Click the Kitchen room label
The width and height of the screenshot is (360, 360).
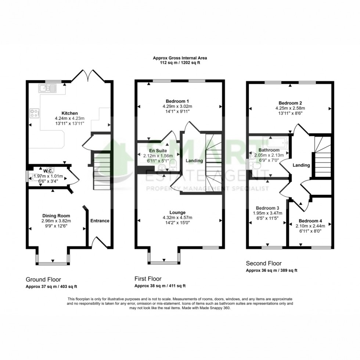click(x=69, y=113)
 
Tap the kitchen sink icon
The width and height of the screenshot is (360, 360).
click(x=46, y=88)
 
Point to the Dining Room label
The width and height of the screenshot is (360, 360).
click(x=56, y=216)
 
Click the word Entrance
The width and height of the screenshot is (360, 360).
click(x=100, y=221)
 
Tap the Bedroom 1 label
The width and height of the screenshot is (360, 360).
click(x=180, y=101)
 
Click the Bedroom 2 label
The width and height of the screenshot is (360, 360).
click(x=290, y=103)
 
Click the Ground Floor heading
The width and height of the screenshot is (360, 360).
click(x=43, y=279)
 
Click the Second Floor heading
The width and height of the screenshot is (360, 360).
click(x=263, y=263)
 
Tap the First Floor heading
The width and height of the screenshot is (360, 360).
click(x=148, y=279)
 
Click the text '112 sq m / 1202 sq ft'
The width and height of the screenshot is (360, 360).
click(x=180, y=63)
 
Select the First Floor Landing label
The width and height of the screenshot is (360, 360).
click(x=194, y=161)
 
